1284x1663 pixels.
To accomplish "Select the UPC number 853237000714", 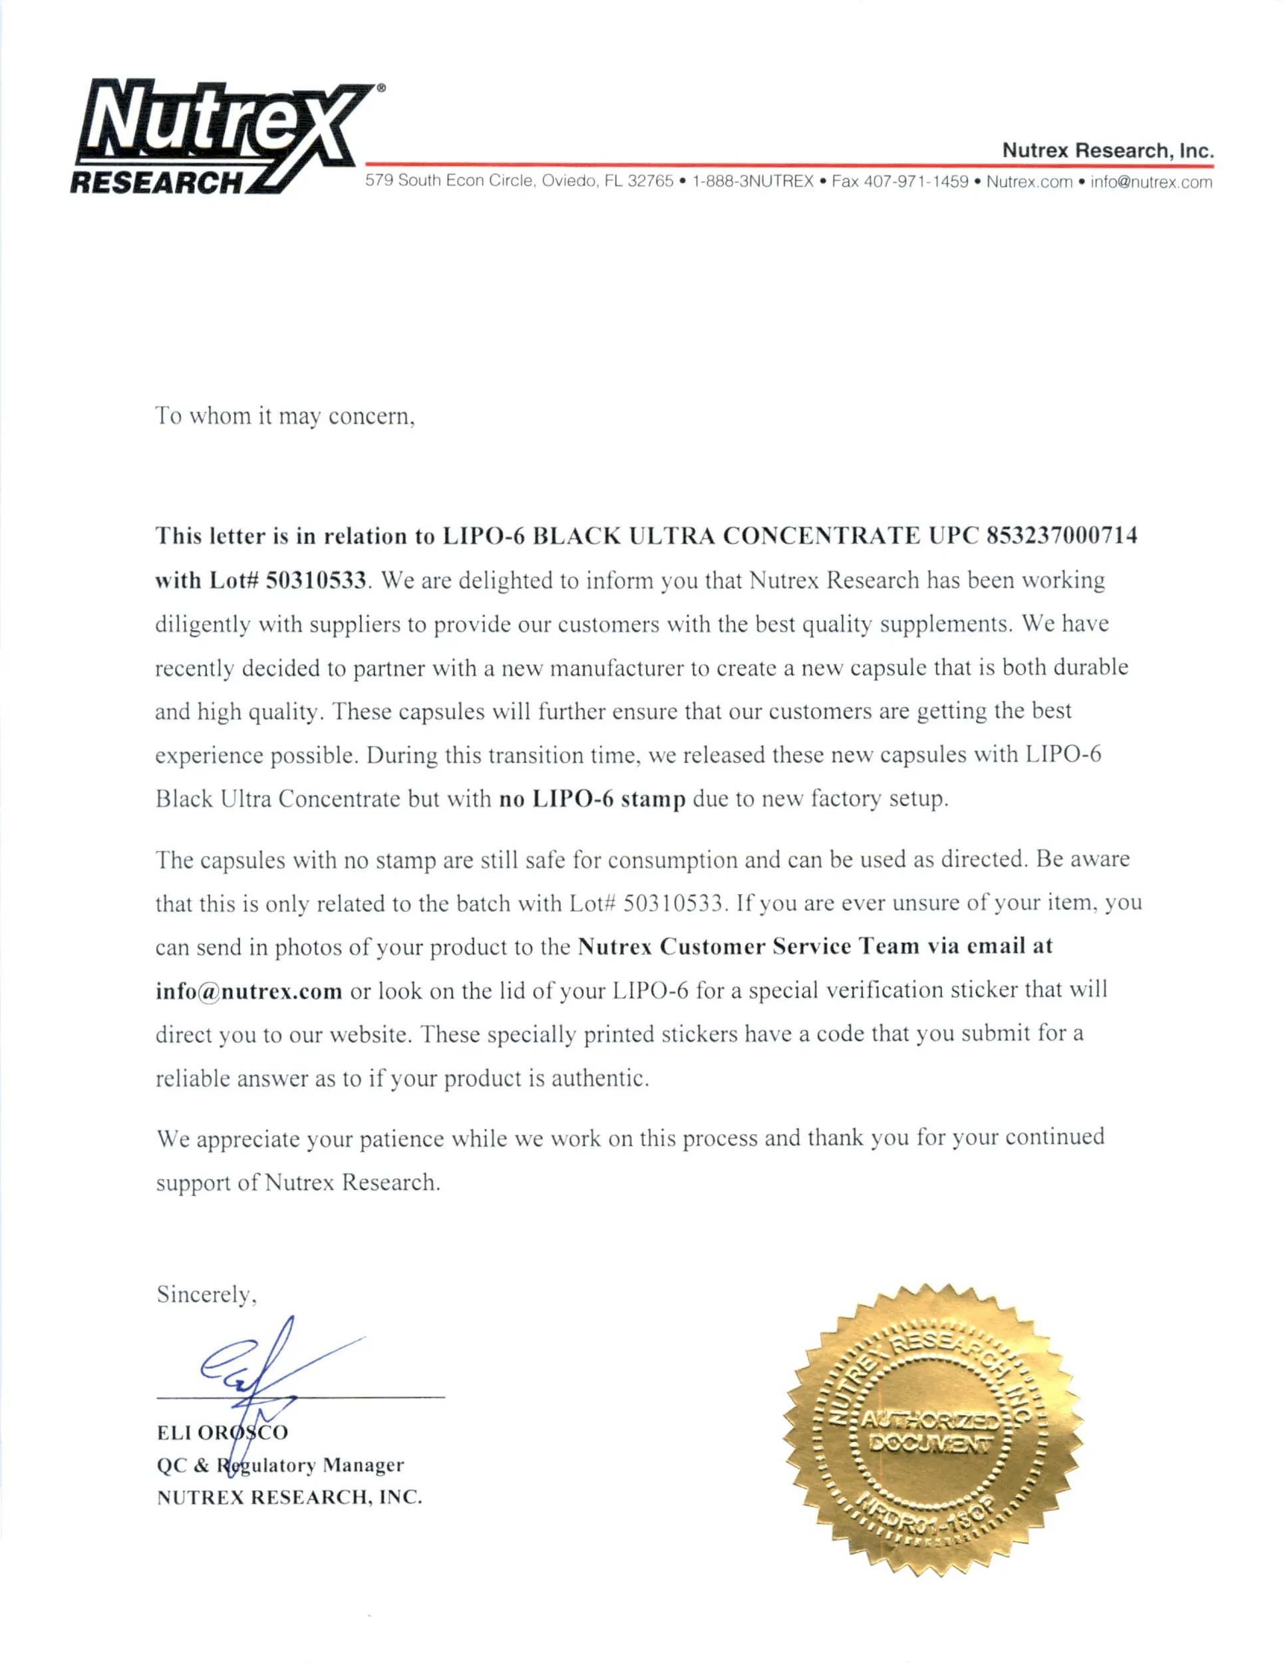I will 1062,536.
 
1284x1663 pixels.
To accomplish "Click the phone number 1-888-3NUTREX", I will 752,181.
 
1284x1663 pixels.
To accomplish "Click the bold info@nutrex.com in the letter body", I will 248,991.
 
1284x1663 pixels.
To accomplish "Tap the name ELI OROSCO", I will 222,1432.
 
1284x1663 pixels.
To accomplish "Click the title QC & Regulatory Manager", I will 280,1465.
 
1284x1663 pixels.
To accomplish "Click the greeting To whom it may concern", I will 285,416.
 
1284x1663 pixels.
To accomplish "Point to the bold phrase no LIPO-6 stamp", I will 591,799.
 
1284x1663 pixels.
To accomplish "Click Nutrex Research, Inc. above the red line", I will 1107,150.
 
